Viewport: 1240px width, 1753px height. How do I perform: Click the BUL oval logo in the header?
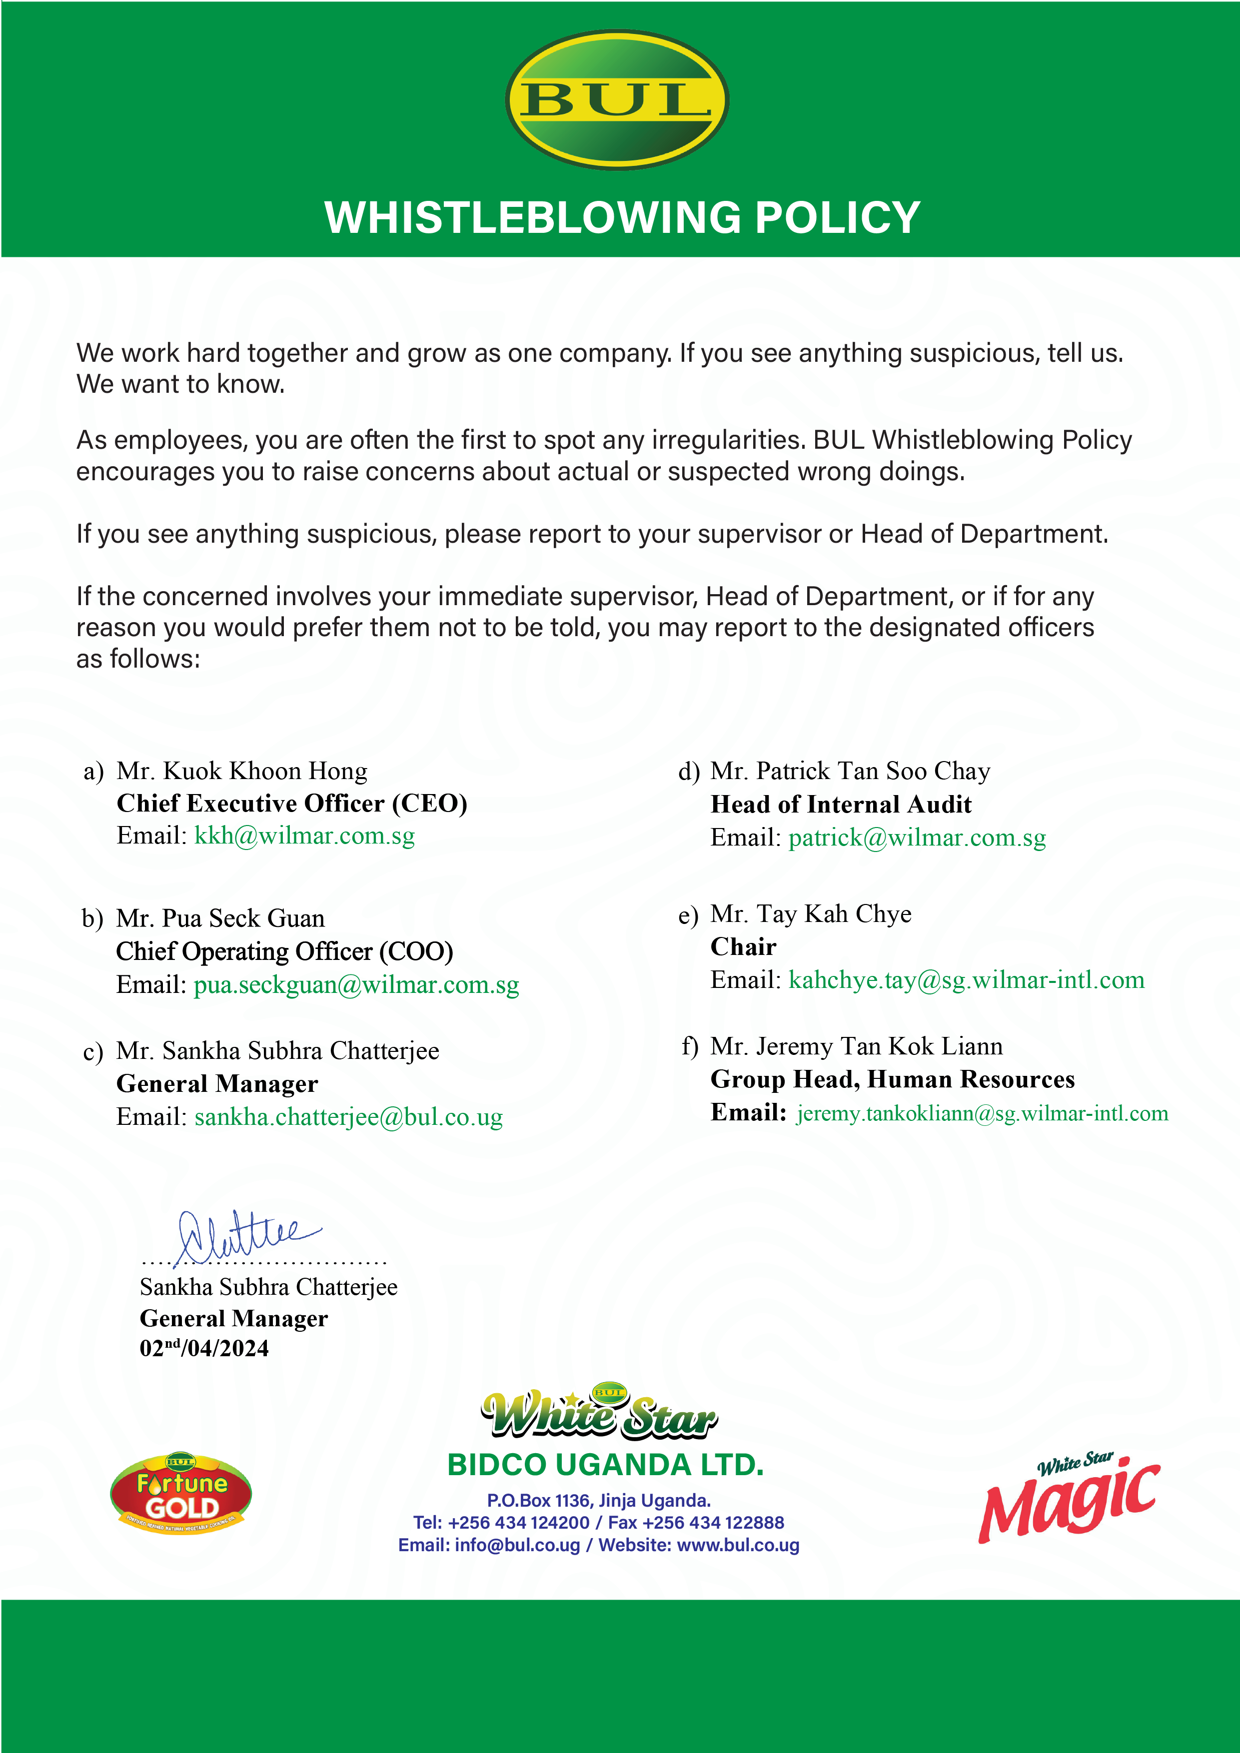tap(617, 99)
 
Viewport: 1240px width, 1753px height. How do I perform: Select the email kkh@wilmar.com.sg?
tap(305, 836)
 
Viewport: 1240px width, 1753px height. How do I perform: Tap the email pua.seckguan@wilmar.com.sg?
tap(356, 985)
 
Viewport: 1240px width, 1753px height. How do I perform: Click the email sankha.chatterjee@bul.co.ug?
tap(348, 1118)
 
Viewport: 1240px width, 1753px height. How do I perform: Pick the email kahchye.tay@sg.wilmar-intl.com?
tap(966, 980)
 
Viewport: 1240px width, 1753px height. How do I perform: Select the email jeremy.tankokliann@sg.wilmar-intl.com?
tap(982, 1114)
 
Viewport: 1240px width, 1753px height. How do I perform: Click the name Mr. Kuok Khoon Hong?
tap(242, 771)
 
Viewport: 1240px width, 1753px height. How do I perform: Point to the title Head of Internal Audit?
tap(841, 805)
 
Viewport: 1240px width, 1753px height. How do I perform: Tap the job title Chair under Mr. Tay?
tap(743, 947)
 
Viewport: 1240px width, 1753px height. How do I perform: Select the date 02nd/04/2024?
tap(204, 1348)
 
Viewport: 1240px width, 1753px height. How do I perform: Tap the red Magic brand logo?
tap(1069, 1498)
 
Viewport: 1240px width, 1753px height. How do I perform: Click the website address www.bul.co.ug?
tap(738, 1545)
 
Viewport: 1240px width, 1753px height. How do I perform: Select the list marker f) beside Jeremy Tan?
tap(690, 1047)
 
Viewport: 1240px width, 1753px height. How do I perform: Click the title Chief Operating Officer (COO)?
tap(284, 952)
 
